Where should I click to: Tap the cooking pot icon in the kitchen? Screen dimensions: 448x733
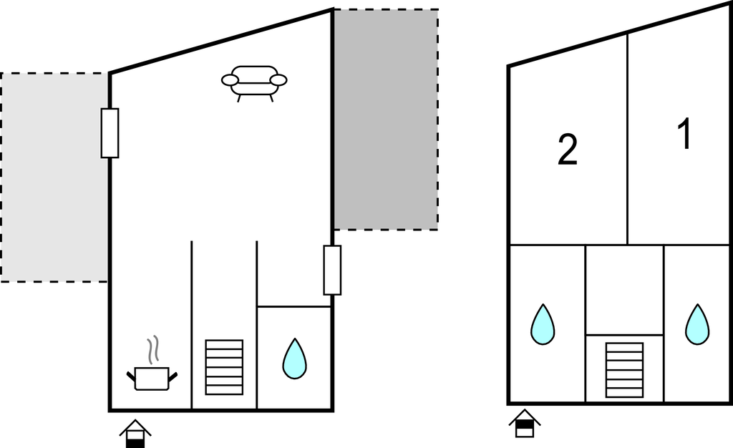click(152, 378)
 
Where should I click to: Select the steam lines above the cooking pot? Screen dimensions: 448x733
click(152, 350)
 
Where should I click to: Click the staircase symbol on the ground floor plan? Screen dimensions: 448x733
click(224, 366)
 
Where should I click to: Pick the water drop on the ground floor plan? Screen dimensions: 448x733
click(294, 359)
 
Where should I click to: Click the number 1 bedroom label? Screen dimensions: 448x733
click(685, 135)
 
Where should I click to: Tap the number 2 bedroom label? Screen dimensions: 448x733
click(567, 150)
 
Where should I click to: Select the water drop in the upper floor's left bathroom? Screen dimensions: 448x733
click(543, 325)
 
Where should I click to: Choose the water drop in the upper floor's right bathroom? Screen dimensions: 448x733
click(696, 325)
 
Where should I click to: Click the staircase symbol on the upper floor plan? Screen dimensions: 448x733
click(624, 369)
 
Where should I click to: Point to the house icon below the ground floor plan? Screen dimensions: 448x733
click(135, 433)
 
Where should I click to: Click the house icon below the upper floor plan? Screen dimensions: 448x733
click(525, 423)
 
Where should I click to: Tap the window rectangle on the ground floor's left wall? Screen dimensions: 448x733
click(110, 133)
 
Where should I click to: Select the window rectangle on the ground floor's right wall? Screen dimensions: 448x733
click(332, 270)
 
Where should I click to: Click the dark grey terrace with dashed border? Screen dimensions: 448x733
click(386, 120)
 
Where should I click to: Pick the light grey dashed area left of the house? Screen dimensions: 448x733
click(54, 177)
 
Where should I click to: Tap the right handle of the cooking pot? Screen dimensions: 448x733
click(173, 375)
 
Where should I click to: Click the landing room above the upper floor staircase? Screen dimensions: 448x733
click(624, 289)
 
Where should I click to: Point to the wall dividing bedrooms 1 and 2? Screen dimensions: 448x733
click(628, 140)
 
